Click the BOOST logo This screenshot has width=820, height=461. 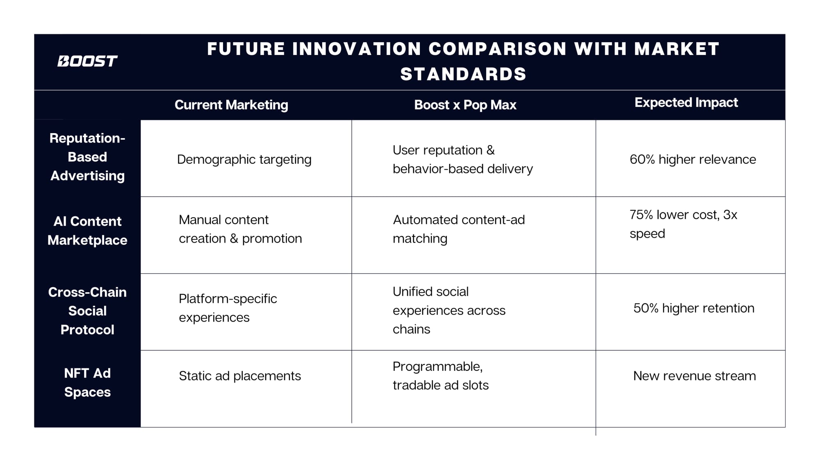pos(87,61)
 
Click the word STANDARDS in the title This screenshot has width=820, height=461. pos(463,74)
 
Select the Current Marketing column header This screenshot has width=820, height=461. pos(231,105)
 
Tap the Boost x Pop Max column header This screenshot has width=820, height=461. pos(465,105)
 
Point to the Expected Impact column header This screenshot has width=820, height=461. pos(686,102)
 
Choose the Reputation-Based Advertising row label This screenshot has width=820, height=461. pos(87,157)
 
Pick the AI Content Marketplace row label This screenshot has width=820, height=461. pos(87,231)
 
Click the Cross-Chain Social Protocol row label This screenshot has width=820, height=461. pos(87,311)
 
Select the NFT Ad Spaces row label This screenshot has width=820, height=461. pos(87,382)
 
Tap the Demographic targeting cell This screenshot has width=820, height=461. pos(244,159)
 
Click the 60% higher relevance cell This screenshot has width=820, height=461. pos(693,159)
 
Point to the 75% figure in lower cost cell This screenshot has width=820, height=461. pos(641,215)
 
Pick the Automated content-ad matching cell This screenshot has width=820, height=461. pos(459,229)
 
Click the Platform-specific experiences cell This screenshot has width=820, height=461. pos(228,308)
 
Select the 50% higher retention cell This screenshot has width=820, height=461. pos(694,308)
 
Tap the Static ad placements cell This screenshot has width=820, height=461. pos(240,376)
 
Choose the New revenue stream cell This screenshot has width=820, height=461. pos(695,376)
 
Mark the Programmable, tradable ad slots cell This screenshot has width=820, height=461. pos(441,376)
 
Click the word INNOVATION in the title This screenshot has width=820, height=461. pos(357,49)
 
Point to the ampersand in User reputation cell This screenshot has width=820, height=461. pos(490,150)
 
